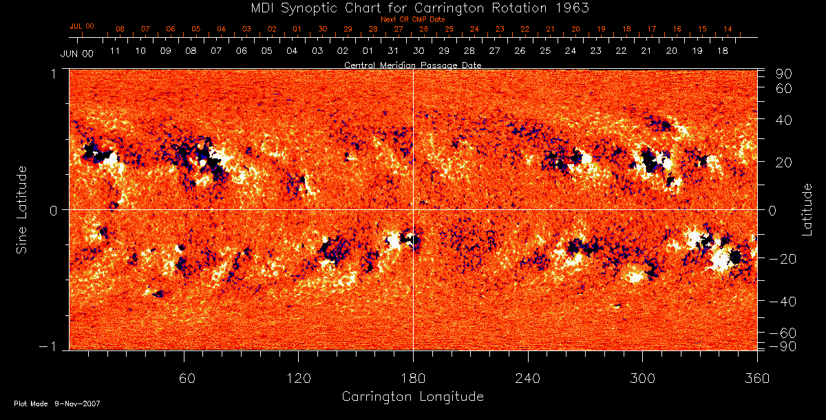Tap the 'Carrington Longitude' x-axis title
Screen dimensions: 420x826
[x=412, y=397]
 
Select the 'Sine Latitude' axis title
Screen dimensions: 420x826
[x=22, y=209]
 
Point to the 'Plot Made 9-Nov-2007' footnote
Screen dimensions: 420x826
[x=57, y=403]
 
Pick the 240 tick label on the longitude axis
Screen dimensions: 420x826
[x=528, y=379]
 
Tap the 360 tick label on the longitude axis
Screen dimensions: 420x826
[x=757, y=379]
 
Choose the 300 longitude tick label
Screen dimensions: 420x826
[x=642, y=379]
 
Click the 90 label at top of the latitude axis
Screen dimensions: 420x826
[x=785, y=74]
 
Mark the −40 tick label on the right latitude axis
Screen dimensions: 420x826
[x=783, y=302]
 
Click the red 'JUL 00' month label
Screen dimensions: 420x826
[x=82, y=26]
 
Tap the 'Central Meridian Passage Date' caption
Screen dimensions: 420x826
[x=412, y=65]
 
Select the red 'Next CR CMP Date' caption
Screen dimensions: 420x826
[x=412, y=19]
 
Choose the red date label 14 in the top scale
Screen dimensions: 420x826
[x=728, y=29]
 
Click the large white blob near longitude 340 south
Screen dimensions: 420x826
[x=721, y=260]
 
